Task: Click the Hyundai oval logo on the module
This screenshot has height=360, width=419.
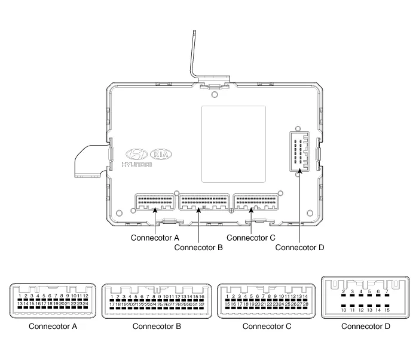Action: [x=139, y=153]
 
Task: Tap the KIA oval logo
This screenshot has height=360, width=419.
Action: [x=166, y=153]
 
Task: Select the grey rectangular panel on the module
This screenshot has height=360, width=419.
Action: [x=233, y=144]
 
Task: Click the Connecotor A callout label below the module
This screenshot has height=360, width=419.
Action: [x=154, y=238]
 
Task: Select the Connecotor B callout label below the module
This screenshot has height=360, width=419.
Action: [x=198, y=247]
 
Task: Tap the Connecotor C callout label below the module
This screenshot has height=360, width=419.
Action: [x=251, y=238]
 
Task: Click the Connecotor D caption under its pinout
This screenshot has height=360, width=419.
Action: [x=365, y=326]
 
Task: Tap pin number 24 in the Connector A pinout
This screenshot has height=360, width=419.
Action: [x=85, y=304]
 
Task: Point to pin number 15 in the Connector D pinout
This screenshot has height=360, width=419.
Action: [x=387, y=310]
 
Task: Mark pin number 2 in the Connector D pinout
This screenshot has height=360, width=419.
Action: [x=344, y=291]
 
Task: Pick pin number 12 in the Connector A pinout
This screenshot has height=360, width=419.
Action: [x=85, y=296]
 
